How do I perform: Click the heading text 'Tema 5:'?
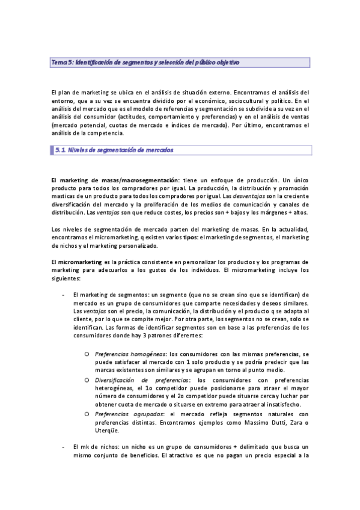coord(62,63)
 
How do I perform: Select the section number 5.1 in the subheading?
coord(59,150)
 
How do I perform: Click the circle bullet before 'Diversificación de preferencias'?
coord(87,380)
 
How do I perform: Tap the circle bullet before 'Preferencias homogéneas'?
coord(87,354)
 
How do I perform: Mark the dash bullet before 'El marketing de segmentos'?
coord(64,295)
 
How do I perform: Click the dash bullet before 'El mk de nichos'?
coord(64,447)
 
